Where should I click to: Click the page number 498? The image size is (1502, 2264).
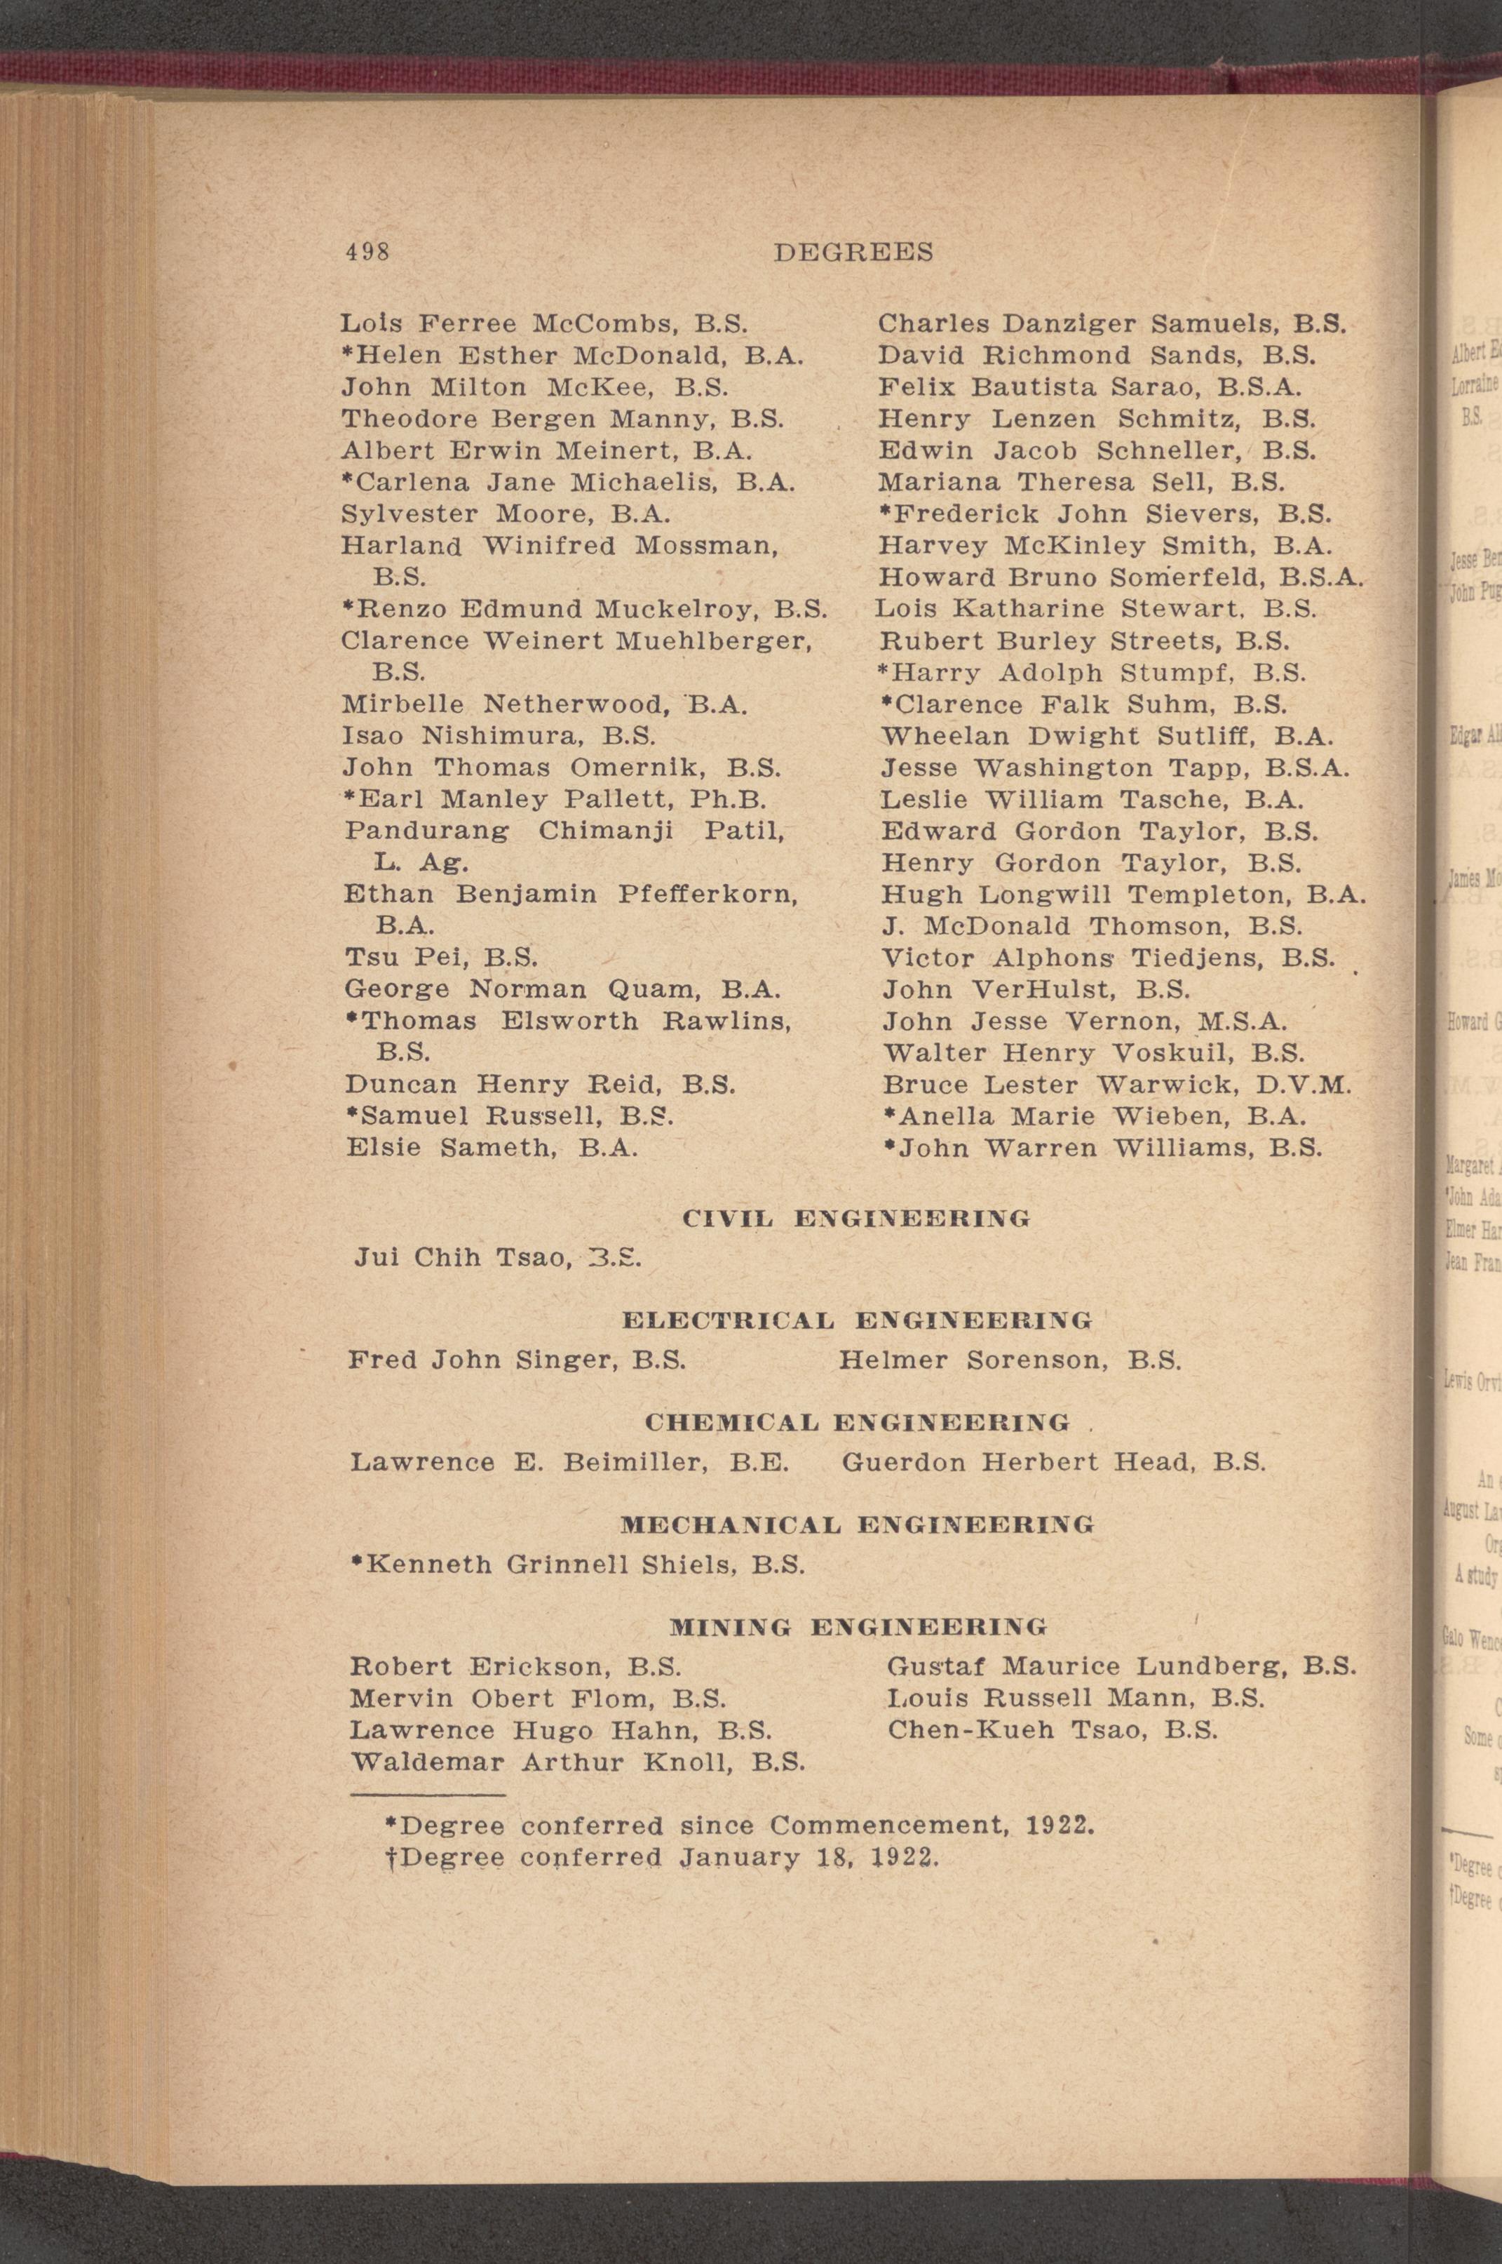click(x=367, y=252)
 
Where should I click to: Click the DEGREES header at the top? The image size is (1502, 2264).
click(x=853, y=252)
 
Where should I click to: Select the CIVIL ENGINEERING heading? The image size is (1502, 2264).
click(x=855, y=1219)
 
